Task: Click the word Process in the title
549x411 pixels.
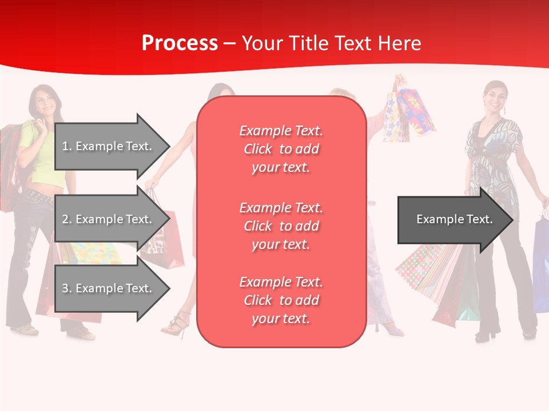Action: pyautogui.click(x=180, y=43)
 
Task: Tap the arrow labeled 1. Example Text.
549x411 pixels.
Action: pyautogui.click(x=112, y=146)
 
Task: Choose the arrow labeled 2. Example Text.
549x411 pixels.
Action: pyautogui.click(x=112, y=219)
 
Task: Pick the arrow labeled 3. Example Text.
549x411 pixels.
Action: pyautogui.click(x=112, y=288)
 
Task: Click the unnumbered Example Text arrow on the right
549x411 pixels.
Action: pyautogui.click(x=455, y=219)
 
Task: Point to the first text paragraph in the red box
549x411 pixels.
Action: pyautogui.click(x=281, y=149)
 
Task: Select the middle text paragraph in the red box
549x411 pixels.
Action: pyautogui.click(x=281, y=226)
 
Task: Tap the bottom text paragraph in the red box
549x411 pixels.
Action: pyautogui.click(x=281, y=300)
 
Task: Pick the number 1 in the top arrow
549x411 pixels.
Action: pyautogui.click(x=65, y=146)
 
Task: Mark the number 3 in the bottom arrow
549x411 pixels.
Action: pyautogui.click(x=65, y=288)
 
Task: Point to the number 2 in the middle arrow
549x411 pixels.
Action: pyautogui.click(x=65, y=219)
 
